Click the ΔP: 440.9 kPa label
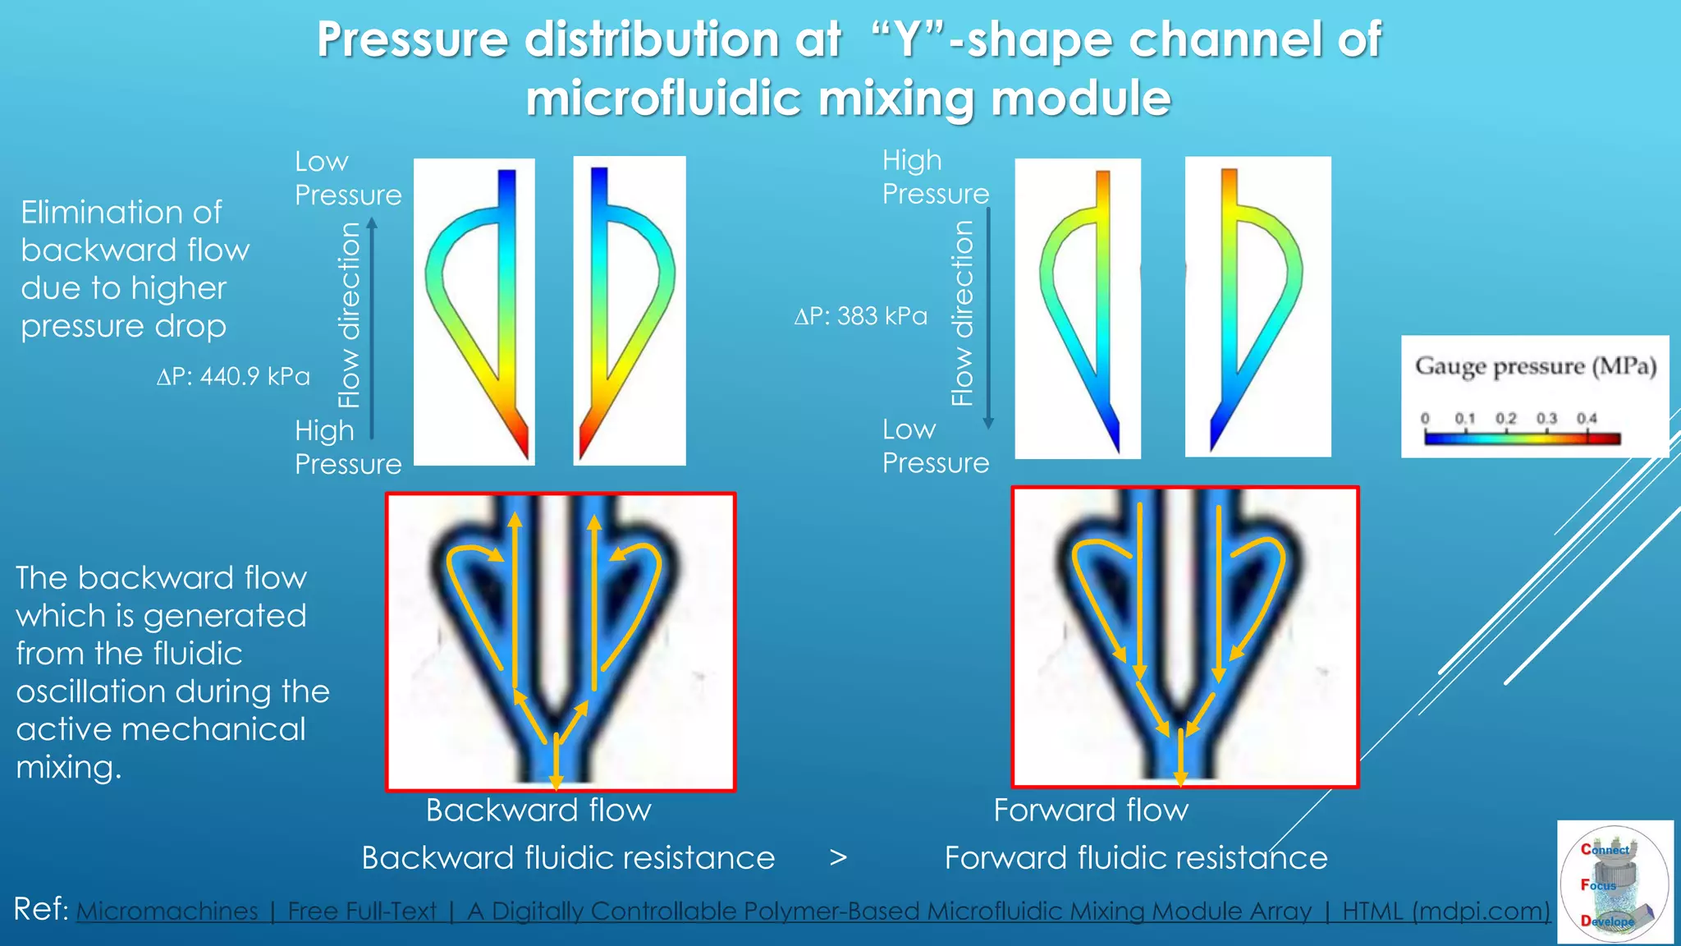point(233,376)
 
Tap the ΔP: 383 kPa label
point(860,316)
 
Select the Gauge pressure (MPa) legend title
point(1535,366)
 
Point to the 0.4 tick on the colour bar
point(1587,419)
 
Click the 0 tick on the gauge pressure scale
point(1425,419)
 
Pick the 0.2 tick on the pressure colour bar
point(1505,419)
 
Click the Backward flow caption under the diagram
point(538,811)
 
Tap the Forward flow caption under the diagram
point(1091,811)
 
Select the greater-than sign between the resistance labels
point(838,858)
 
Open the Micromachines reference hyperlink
point(813,912)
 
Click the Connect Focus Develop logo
point(1614,883)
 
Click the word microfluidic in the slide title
point(665,99)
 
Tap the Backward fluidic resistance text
point(568,858)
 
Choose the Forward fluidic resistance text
point(1136,858)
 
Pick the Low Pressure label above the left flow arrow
point(348,178)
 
